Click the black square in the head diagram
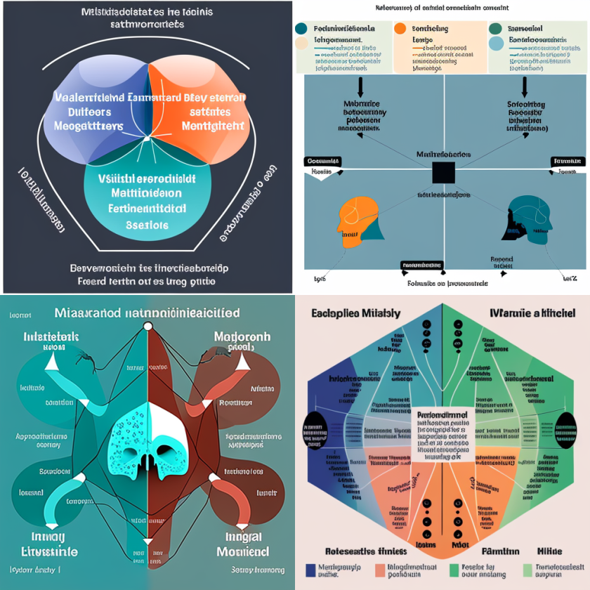tap(443, 172)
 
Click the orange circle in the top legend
tap(400, 29)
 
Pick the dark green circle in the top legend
tap(495, 29)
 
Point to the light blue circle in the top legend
tap(495, 44)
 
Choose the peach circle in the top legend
tap(302, 44)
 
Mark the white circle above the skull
tap(147, 327)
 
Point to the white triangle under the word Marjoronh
tap(242, 361)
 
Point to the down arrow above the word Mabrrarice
tap(360, 86)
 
